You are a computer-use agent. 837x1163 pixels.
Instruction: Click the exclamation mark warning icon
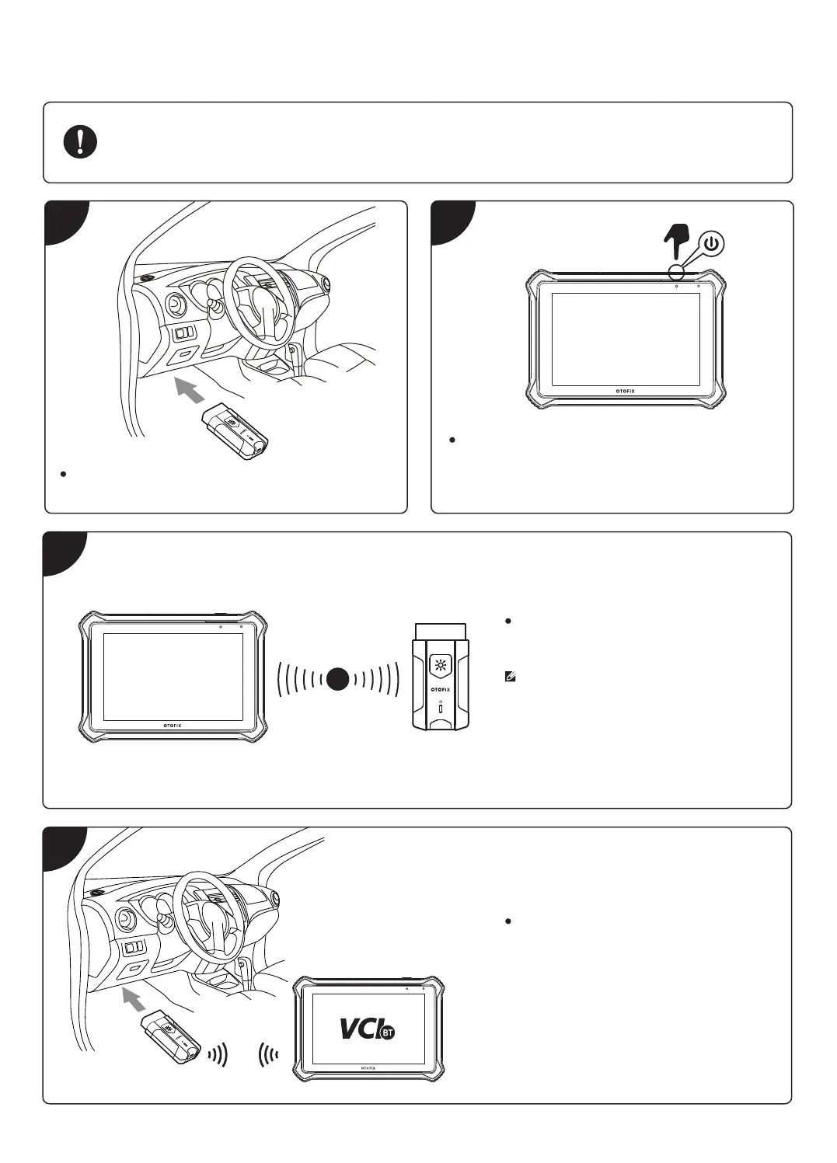click(80, 142)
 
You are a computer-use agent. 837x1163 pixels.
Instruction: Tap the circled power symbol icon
click(712, 244)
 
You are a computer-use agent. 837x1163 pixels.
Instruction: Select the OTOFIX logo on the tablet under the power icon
click(620, 391)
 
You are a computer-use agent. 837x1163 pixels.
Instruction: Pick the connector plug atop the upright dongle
click(441, 631)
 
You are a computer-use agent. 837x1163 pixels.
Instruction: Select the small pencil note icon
click(511, 677)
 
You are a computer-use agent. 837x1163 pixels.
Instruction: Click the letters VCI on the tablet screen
click(359, 1027)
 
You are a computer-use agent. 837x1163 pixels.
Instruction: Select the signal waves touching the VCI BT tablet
click(269, 1056)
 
